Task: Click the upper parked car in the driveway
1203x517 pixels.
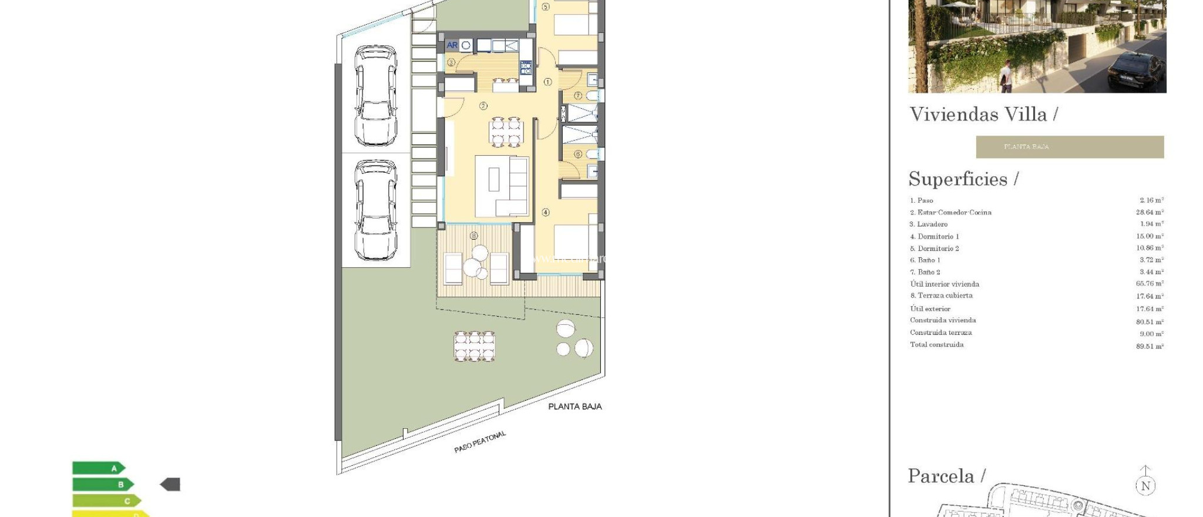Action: pyautogui.click(x=375, y=96)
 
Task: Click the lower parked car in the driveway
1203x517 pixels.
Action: pyautogui.click(x=375, y=210)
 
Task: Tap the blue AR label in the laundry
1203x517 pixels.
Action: pyautogui.click(x=452, y=45)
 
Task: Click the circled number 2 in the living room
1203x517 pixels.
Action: pyautogui.click(x=483, y=106)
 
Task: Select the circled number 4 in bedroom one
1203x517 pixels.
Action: pyautogui.click(x=546, y=212)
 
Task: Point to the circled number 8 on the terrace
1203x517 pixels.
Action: pyautogui.click(x=474, y=236)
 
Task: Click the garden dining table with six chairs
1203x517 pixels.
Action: pyautogui.click(x=474, y=346)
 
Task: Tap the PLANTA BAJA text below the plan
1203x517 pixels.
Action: pyautogui.click(x=574, y=407)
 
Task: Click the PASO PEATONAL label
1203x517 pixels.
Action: pyautogui.click(x=479, y=442)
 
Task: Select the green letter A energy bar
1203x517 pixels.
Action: pyautogui.click(x=98, y=468)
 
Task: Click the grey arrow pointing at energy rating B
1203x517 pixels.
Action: pyautogui.click(x=170, y=485)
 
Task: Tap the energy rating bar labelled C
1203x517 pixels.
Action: pyautogui.click(x=106, y=501)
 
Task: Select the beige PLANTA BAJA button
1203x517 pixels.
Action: pyautogui.click(x=1069, y=147)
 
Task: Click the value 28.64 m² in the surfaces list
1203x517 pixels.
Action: pyautogui.click(x=1149, y=212)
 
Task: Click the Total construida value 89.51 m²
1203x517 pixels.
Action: pyautogui.click(x=1149, y=346)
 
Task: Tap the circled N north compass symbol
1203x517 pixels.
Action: pyautogui.click(x=1145, y=485)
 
